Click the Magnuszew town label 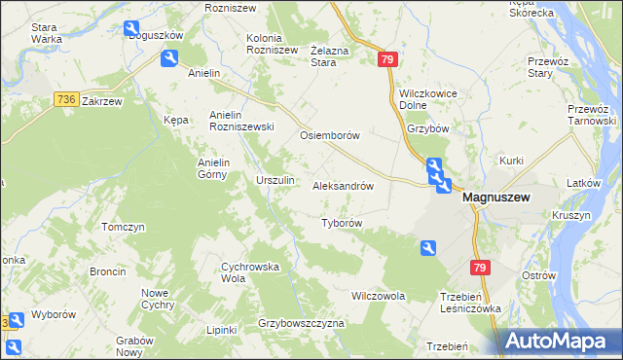click(x=496, y=197)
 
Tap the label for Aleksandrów click(x=343, y=186)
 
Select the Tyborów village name click(x=342, y=223)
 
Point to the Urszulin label click(x=275, y=181)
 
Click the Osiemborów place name click(x=331, y=136)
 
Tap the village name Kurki click(x=512, y=160)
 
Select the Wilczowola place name click(x=378, y=295)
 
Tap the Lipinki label click(x=222, y=330)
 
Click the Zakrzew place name click(x=102, y=100)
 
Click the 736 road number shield click(x=65, y=99)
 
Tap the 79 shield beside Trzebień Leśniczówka click(x=479, y=268)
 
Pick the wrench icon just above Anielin click(x=169, y=59)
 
